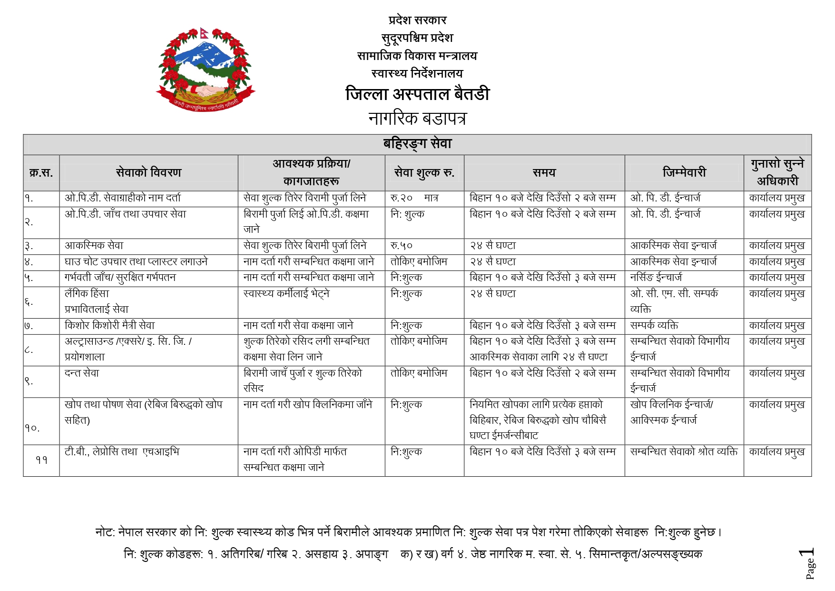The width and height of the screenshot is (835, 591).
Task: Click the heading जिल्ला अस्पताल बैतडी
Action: click(x=417, y=94)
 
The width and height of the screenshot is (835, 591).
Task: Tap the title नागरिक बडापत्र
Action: click(x=417, y=118)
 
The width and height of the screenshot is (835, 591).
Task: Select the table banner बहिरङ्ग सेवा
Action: click(x=417, y=144)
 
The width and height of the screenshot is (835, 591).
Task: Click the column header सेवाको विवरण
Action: click(x=148, y=172)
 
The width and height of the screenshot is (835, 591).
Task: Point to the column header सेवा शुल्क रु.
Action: click(x=424, y=172)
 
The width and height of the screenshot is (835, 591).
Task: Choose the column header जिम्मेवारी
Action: click(x=684, y=172)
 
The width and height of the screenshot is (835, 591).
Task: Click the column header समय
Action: click(x=544, y=172)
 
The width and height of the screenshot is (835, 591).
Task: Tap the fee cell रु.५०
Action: click(x=402, y=246)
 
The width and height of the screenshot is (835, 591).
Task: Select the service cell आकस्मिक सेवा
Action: click(x=94, y=246)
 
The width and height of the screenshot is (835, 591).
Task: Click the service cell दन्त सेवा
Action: click(x=82, y=373)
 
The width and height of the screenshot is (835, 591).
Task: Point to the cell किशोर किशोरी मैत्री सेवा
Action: click(x=109, y=326)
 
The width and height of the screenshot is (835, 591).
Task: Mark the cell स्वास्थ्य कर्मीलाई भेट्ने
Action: click(x=286, y=294)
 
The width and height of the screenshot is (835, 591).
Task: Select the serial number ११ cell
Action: click(x=41, y=460)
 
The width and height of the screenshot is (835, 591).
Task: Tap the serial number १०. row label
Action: click(x=32, y=428)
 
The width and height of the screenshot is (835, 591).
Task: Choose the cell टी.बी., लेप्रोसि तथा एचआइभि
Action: click(x=122, y=452)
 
